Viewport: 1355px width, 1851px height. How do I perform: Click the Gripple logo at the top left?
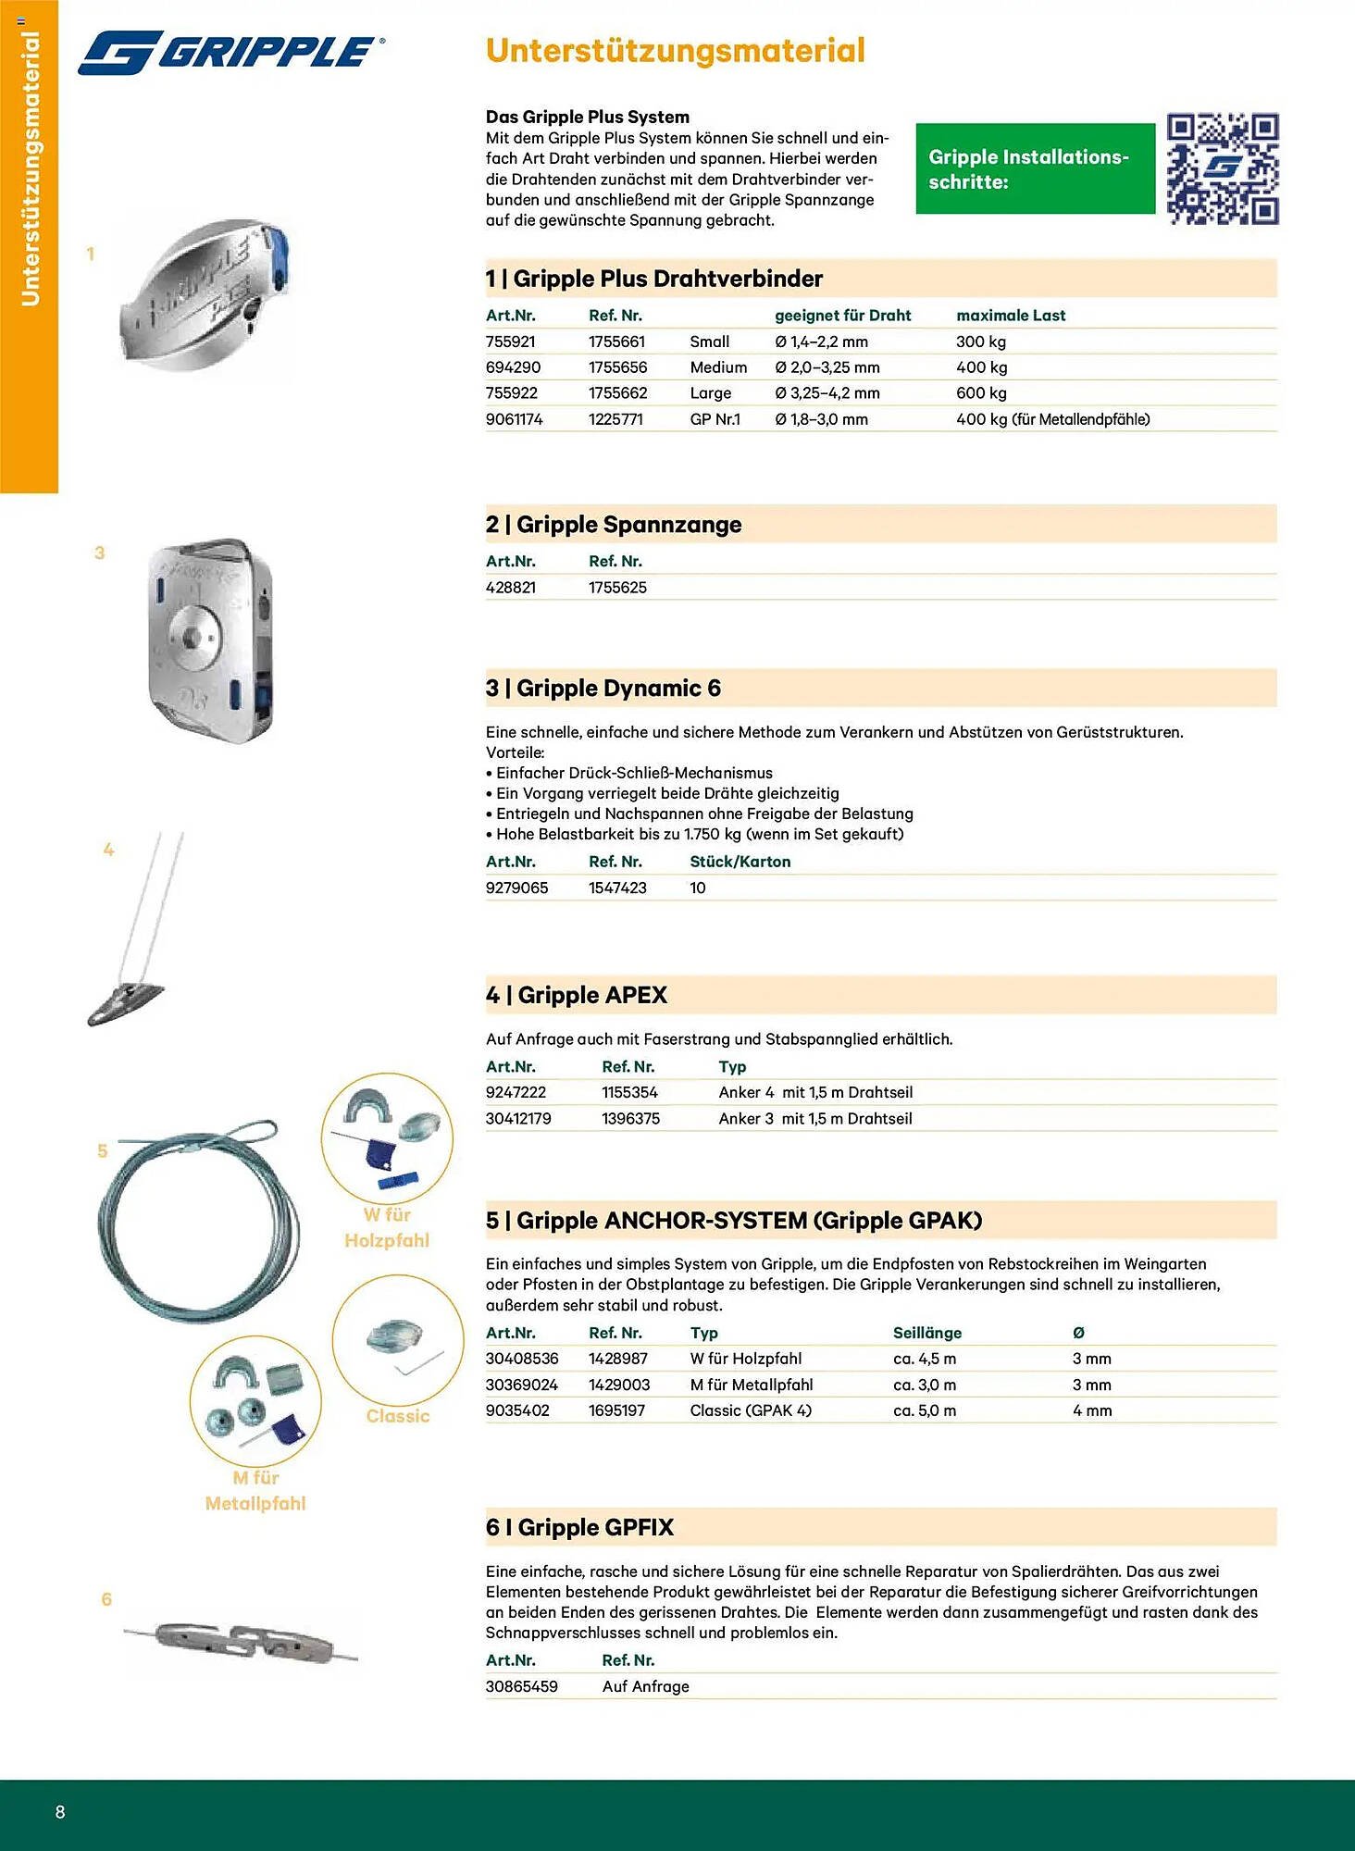point(231,52)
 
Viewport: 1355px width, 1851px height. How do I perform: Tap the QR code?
point(1222,169)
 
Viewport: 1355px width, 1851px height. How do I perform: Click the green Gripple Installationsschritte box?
point(1035,169)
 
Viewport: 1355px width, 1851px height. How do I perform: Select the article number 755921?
point(510,342)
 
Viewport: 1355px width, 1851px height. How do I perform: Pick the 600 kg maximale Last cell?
point(981,393)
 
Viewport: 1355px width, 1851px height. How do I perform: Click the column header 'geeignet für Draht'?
point(842,316)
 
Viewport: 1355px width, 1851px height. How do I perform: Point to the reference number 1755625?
point(617,588)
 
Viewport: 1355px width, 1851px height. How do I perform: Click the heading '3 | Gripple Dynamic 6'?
point(603,689)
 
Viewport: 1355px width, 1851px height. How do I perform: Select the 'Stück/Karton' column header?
point(740,862)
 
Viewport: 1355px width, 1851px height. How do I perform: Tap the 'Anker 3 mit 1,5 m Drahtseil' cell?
point(814,1119)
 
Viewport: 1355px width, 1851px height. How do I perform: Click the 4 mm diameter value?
point(1092,1410)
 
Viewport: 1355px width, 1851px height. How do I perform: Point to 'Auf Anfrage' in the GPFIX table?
point(645,1686)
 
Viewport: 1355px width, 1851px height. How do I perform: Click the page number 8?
point(60,1812)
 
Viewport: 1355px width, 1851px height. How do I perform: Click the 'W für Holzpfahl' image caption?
point(387,1227)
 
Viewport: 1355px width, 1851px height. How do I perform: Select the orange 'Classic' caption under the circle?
point(398,1416)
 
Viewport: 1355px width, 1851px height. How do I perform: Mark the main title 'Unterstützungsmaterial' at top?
point(675,51)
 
